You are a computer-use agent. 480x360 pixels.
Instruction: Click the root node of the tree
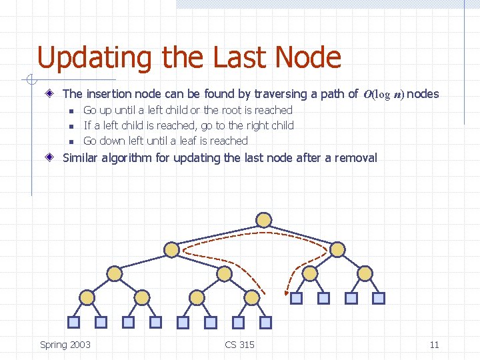tap(264, 219)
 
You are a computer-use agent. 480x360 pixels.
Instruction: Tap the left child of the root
tap(171, 249)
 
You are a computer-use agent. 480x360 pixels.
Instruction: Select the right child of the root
tap(338, 249)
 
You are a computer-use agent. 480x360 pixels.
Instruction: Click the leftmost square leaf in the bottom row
tap(74, 323)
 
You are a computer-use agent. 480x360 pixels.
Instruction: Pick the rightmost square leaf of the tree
tap(379, 299)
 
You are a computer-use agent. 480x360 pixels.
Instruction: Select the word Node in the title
tap(309, 58)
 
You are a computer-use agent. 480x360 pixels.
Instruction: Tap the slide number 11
tap(434, 345)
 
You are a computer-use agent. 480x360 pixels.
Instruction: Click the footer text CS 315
tap(239, 345)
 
